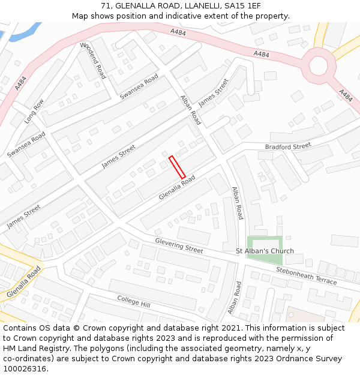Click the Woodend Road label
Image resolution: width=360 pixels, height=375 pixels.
tap(93, 61)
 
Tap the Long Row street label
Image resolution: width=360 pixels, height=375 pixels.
tap(34, 112)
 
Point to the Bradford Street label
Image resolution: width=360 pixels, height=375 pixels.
tap(288, 146)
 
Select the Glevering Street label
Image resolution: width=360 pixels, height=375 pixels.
tap(179, 245)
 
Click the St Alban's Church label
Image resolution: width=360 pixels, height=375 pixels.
tap(265, 251)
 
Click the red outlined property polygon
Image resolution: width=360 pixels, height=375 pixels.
tap(177, 167)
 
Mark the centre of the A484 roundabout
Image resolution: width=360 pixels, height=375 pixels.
tap(318, 65)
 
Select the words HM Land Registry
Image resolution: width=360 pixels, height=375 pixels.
tap(33, 349)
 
